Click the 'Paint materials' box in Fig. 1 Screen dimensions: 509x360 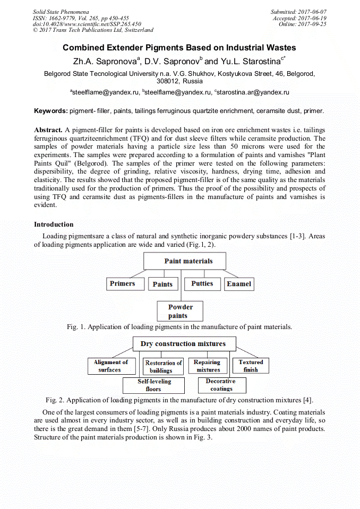(188, 261)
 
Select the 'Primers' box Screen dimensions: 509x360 (122, 284)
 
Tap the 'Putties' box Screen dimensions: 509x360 (202, 284)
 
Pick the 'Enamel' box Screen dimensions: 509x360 (238, 284)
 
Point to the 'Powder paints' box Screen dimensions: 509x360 (181, 311)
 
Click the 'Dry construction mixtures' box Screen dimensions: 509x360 (183, 344)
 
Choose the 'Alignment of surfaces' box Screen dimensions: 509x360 (110, 366)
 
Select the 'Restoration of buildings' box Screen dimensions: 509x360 (164, 366)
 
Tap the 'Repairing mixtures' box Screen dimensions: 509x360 (208, 366)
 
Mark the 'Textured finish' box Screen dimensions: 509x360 (251, 366)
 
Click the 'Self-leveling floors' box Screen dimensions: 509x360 (154, 385)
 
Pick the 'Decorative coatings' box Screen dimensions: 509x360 (220, 385)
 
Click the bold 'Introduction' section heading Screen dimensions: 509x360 (54, 225)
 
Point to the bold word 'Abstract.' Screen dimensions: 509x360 (48, 130)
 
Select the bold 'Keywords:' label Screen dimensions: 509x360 (51, 111)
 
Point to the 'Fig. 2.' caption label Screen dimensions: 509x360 (55, 400)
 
